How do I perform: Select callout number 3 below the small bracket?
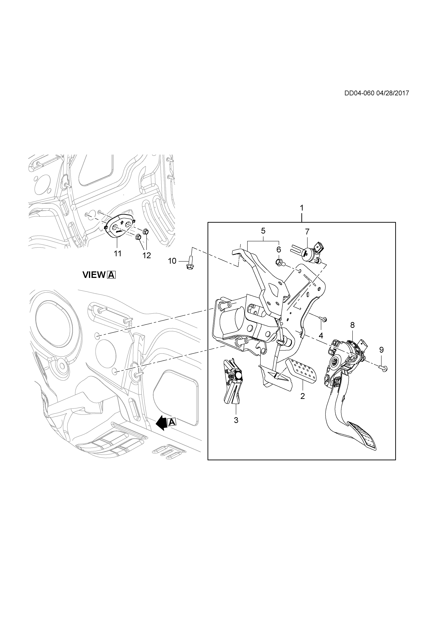tap(236, 420)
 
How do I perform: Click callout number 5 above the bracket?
tap(263, 231)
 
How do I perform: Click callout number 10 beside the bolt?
tap(172, 261)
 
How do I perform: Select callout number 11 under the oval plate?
tap(118, 253)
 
